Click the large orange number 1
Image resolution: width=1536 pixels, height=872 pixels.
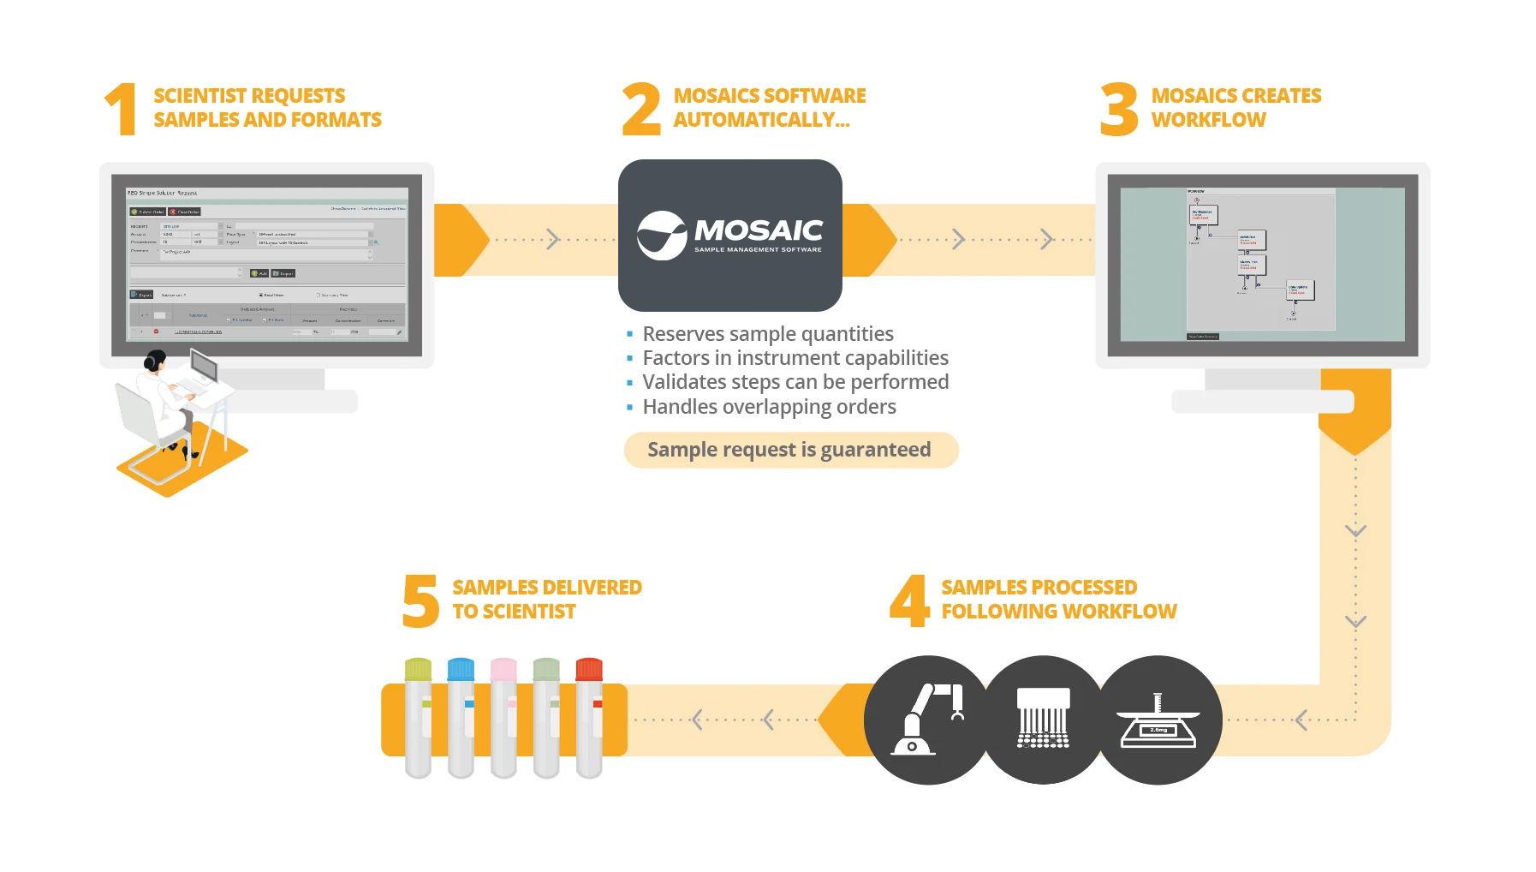tap(122, 109)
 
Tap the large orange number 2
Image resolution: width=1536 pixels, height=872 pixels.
tap(641, 109)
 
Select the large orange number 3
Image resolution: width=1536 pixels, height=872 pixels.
tap(1119, 109)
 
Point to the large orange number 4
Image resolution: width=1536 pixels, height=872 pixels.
tap(909, 600)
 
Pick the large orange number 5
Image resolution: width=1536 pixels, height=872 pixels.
tap(420, 600)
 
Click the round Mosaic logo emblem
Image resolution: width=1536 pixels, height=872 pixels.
tap(662, 236)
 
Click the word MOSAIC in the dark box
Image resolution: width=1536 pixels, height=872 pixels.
tap(759, 230)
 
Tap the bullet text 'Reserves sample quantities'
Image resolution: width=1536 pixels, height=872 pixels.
tap(767, 334)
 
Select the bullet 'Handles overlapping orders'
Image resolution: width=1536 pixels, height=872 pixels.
tap(769, 407)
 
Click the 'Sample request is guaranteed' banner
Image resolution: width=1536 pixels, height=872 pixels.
tap(789, 450)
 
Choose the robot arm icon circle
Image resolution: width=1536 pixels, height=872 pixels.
tap(927, 720)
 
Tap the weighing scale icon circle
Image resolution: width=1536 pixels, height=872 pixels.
tap(1158, 720)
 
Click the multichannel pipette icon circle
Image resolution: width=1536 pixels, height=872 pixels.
tap(1043, 720)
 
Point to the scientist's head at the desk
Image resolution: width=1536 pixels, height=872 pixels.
tap(155, 361)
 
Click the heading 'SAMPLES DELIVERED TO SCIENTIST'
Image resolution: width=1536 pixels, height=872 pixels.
tap(546, 600)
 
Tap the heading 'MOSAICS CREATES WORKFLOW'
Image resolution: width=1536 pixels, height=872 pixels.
tap(1235, 108)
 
